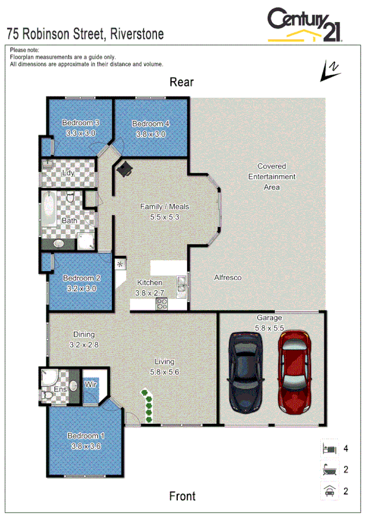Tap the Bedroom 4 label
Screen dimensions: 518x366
(x=150, y=123)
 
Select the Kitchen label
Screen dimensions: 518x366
(x=149, y=283)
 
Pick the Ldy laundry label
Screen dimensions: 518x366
(x=69, y=173)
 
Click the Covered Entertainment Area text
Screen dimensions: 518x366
(x=271, y=177)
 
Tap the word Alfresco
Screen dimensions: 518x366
(x=227, y=277)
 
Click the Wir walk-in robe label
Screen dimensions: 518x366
(x=90, y=385)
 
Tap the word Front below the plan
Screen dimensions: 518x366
(x=182, y=495)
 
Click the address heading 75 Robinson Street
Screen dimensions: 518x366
(x=85, y=34)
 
